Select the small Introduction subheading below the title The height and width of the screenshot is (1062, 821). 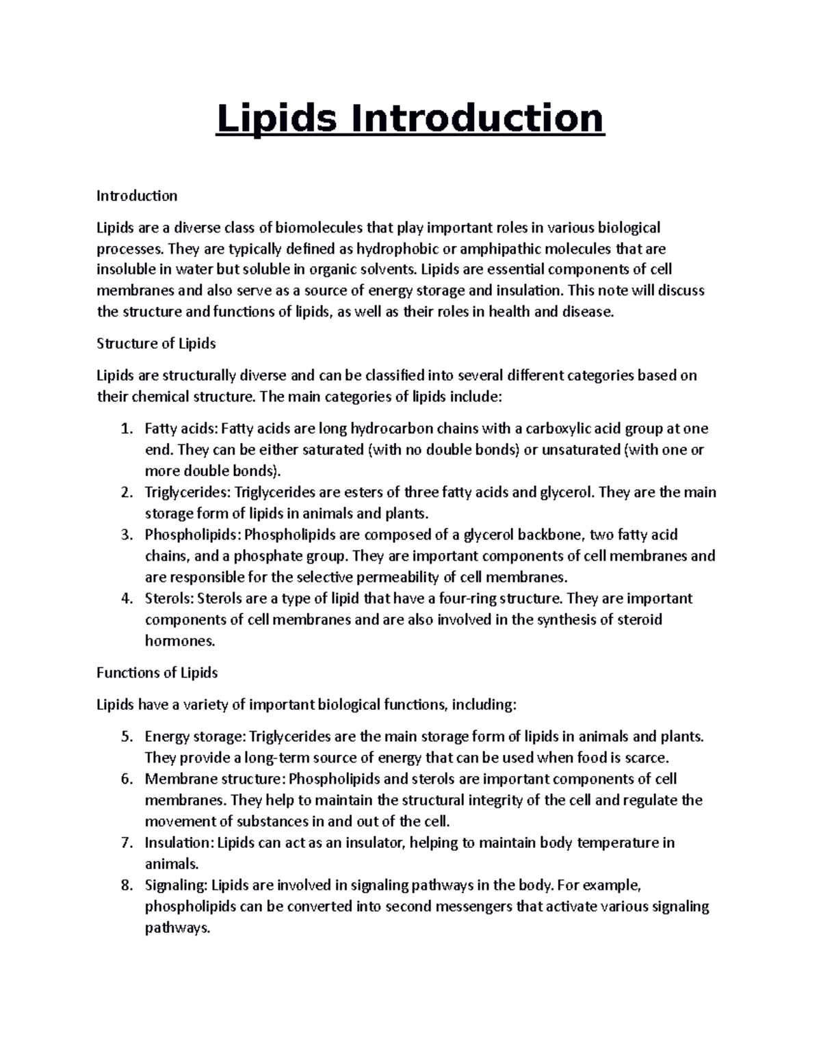coord(137,196)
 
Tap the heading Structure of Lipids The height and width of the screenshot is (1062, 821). coord(156,343)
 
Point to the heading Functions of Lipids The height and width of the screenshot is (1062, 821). coord(157,673)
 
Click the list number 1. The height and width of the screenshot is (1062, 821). coord(125,429)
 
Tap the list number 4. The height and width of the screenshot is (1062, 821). coord(125,599)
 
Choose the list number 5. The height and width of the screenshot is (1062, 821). coord(125,737)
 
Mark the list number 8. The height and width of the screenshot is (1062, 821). coord(125,886)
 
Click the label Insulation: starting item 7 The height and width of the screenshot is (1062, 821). coord(179,843)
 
